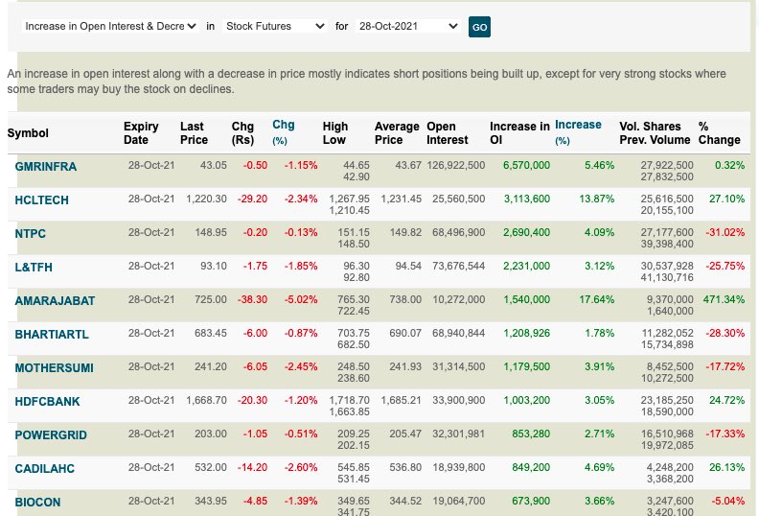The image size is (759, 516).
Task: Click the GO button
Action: pos(479,27)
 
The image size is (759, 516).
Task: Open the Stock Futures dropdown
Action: pos(275,26)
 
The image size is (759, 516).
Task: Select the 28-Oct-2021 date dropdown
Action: pos(407,26)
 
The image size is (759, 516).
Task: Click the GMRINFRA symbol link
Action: pos(46,166)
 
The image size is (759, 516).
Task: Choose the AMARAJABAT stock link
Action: pos(55,300)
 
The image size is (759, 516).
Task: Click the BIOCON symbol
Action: pos(35,502)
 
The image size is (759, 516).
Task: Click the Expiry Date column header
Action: pos(142,133)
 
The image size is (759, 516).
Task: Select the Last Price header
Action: pos(194,133)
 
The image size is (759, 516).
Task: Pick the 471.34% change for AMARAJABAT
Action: pos(722,299)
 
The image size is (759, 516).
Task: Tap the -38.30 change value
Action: pos(254,299)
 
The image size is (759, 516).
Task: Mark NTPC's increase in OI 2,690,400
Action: pos(525,232)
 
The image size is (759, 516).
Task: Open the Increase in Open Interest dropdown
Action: pos(110,26)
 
